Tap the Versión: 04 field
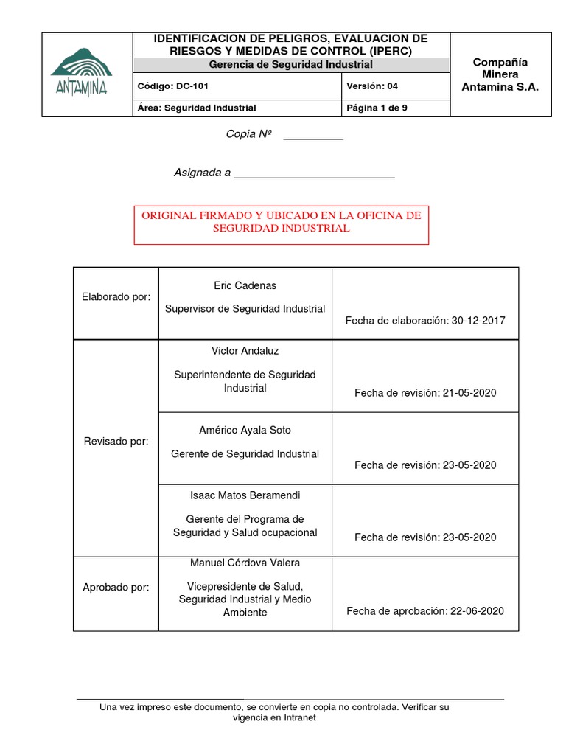pos(372,86)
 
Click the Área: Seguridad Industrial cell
pos(197,108)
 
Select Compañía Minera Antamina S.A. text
pos(500,74)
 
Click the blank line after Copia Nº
pos(313,137)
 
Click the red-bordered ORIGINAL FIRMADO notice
pos(281,222)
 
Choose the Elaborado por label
pos(116,296)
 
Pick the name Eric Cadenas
pos(245,285)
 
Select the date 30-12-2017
pos(478,320)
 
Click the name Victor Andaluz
pos(245,351)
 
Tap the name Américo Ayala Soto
pos(245,430)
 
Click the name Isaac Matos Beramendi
pos(245,495)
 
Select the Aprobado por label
pos(116,588)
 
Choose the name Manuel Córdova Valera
pos(245,563)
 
